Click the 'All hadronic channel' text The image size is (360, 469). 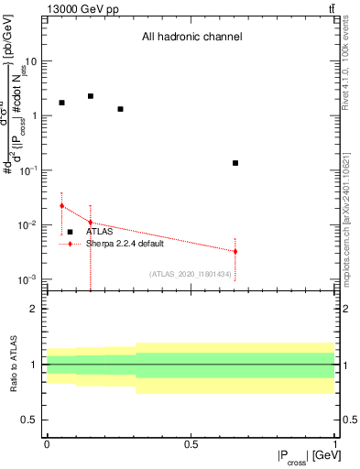pos(191,38)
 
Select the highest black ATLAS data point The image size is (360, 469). pos(90,96)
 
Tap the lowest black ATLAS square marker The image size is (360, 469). pos(235,163)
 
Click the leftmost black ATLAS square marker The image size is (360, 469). pos(61,103)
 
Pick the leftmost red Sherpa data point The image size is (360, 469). pos(61,206)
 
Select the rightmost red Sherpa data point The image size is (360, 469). pos(235,251)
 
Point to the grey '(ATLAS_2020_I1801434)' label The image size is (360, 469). pos(190,273)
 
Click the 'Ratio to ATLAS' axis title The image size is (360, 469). pos(12,365)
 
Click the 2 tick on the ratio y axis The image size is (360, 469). pos(34,309)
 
